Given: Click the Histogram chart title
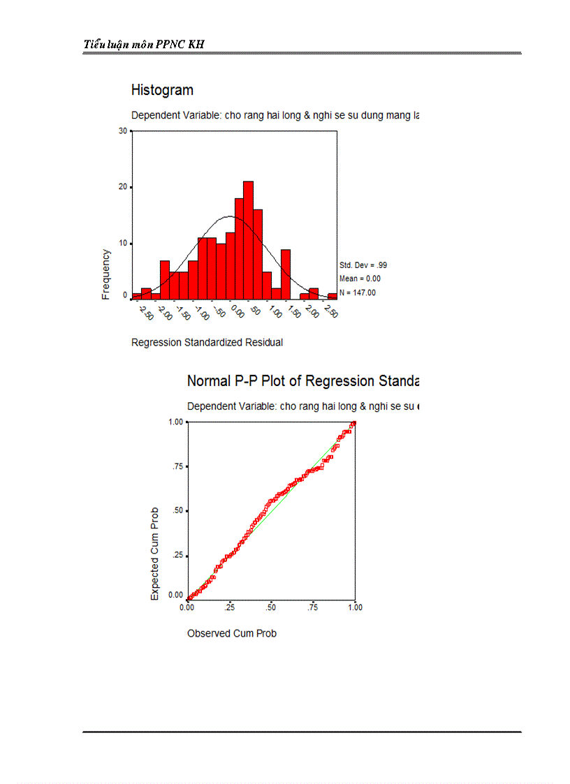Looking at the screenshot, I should [162, 90].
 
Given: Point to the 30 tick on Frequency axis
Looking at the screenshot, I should [123, 131].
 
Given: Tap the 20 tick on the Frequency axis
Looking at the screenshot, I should [123, 187].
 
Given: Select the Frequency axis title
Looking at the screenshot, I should [106, 274].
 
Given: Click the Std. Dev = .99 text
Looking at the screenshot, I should [363, 265].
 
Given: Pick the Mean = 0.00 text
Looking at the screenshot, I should [360, 279].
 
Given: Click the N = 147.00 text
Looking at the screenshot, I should [357, 293].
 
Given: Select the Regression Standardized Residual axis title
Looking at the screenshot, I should [207, 342].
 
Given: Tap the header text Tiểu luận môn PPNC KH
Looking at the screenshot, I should [144, 45].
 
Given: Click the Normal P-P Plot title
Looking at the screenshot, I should [302, 381].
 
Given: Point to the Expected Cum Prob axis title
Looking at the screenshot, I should [155, 554].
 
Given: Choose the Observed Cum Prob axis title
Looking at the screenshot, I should [232, 633].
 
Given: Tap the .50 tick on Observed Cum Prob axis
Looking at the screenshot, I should [271, 607].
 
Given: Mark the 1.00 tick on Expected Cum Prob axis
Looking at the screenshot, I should [175, 422].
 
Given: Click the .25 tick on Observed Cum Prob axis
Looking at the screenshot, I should [229, 607].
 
